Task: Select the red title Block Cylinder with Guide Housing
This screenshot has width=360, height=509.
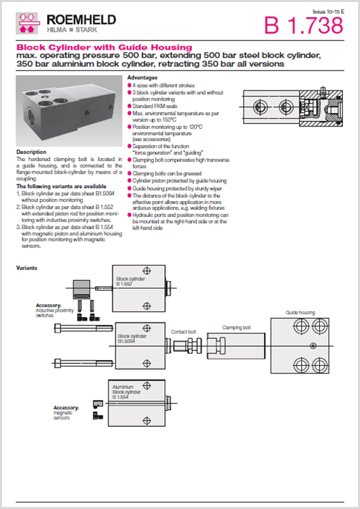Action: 104,48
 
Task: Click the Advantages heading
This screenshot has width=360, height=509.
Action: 142,78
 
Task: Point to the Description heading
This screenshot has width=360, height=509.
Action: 31,152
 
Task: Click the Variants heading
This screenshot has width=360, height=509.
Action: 27,268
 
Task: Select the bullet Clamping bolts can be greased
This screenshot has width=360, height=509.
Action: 164,173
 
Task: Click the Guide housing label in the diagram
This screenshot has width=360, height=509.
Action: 300,312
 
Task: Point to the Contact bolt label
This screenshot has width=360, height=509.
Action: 183,331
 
